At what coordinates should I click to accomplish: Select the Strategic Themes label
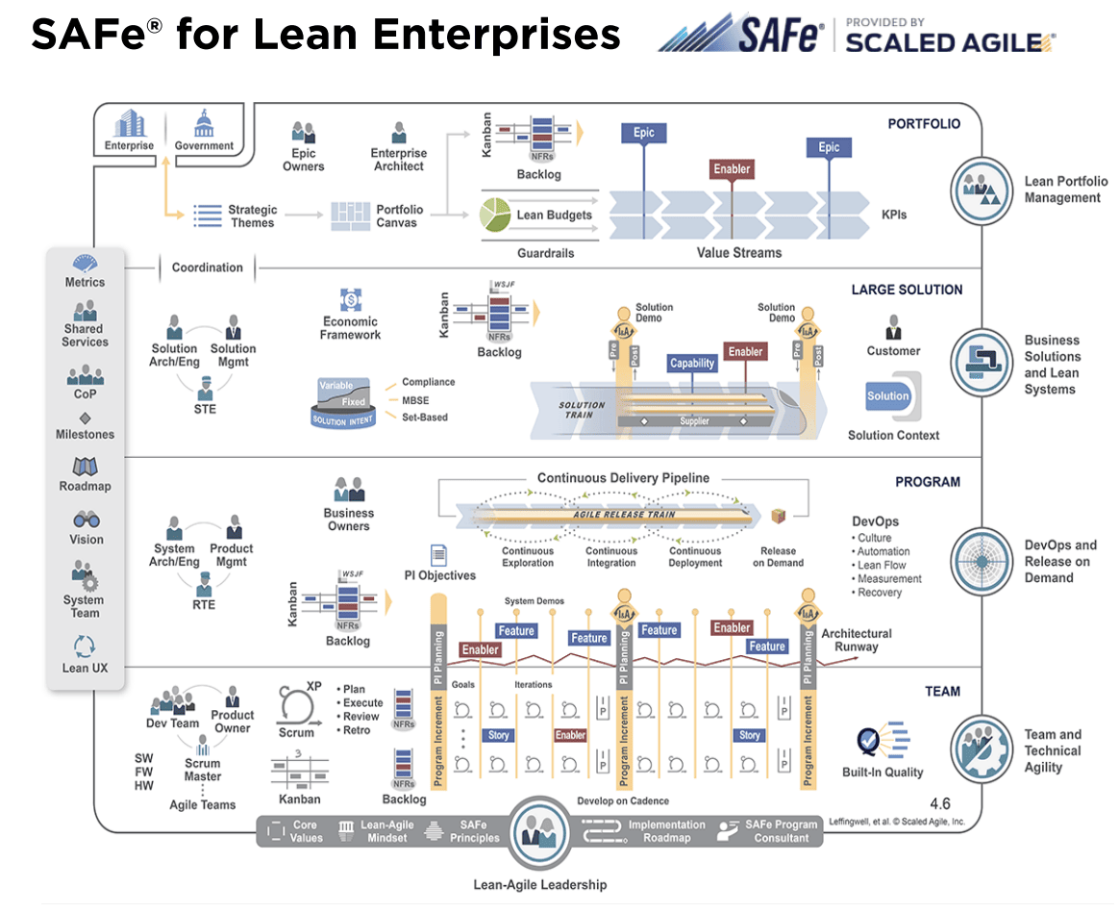point(252,216)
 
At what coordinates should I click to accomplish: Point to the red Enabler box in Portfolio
point(732,169)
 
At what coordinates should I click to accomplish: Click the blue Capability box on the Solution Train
point(692,363)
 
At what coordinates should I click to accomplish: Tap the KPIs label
point(893,215)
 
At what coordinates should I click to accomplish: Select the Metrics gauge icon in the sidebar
point(86,264)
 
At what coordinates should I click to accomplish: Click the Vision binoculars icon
point(86,520)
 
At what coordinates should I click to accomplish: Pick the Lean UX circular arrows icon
point(86,647)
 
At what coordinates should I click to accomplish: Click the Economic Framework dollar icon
point(350,299)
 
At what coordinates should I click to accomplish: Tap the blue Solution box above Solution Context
point(887,395)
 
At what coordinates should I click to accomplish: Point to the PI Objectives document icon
point(438,554)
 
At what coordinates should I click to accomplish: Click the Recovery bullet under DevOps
point(880,593)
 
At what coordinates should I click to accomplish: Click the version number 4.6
point(941,802)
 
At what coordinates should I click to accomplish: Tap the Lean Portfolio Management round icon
point(983,190)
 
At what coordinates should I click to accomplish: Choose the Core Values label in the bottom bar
point(305,831)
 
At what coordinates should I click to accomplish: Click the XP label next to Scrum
point(313,687)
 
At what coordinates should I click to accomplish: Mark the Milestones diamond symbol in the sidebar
point(86,418)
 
